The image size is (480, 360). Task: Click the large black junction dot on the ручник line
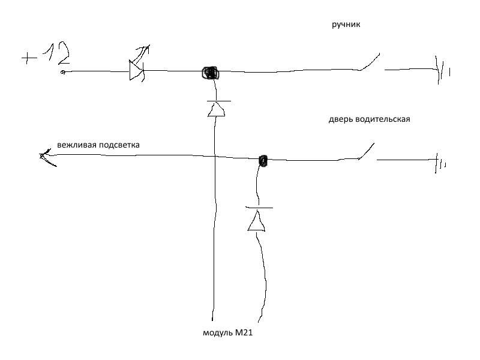click(210, 73)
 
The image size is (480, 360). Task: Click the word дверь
click(340, 119)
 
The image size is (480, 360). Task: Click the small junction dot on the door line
click(262, 160)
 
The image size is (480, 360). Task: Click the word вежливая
click(77, 145)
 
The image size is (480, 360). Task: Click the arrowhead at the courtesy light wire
click(45, 157)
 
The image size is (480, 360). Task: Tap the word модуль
click(217, 332)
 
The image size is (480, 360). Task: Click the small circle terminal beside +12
click(63, 73)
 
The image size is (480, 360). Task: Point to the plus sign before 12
click(29, 58)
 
